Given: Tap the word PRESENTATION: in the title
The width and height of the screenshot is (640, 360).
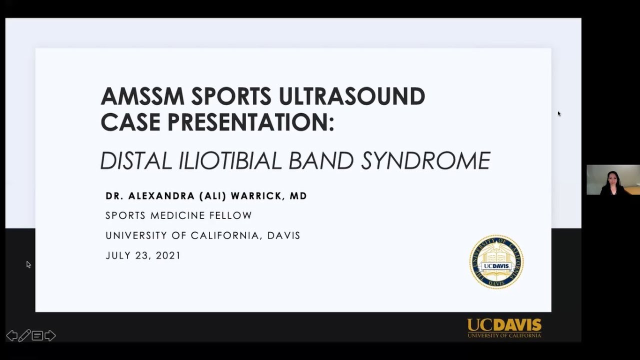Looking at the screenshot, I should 250,122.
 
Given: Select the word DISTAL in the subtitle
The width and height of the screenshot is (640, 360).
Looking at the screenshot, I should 136,161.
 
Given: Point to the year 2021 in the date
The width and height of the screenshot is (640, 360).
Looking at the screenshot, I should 168,255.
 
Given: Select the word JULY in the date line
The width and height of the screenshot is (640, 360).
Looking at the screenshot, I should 118,255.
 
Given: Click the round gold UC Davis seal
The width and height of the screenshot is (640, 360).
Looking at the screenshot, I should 496,262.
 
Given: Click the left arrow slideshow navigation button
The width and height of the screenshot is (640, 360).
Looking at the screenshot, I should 11,335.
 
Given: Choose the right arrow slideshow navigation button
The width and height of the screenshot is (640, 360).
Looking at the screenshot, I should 50,335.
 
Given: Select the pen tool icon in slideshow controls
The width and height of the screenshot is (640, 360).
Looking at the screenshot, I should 24,335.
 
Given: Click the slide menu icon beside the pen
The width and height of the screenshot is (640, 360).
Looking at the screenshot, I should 37,335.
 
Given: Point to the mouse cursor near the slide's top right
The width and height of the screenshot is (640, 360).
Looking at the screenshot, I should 559,114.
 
